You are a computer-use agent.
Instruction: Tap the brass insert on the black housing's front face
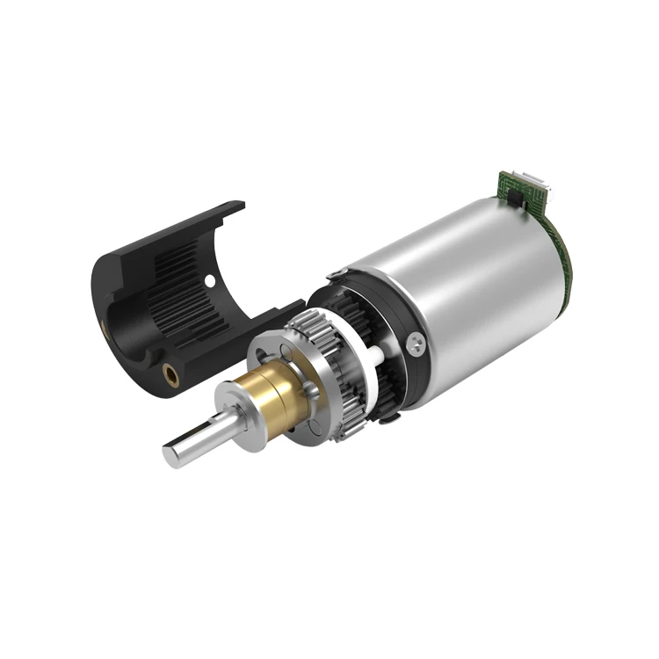171,376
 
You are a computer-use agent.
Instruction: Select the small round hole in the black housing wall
209,281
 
